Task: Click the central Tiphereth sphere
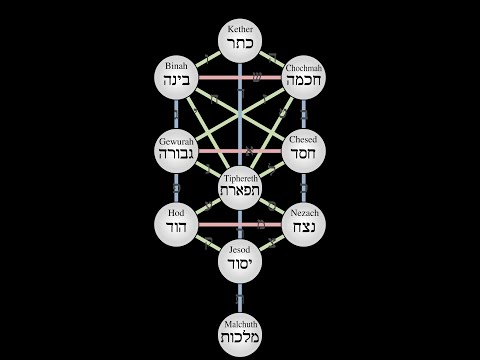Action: pos(240,187)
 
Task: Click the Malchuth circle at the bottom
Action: pos(240,332)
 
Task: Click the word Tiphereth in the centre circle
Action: pos(240,177)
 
